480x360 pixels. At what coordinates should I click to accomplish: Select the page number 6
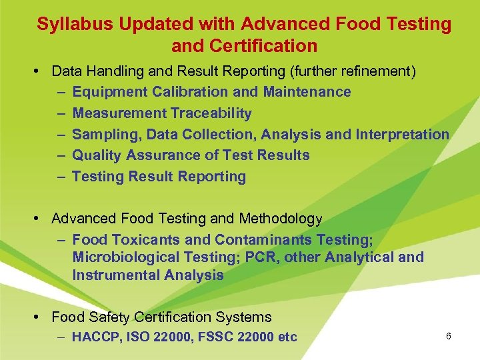click(449, 336)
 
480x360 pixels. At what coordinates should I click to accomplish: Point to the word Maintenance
click(307, 91)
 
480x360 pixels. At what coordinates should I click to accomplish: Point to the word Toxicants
click(137, 239)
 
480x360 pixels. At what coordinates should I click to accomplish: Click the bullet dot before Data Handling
click(43, 71)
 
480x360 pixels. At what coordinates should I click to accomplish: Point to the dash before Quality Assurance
click(61, 155)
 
